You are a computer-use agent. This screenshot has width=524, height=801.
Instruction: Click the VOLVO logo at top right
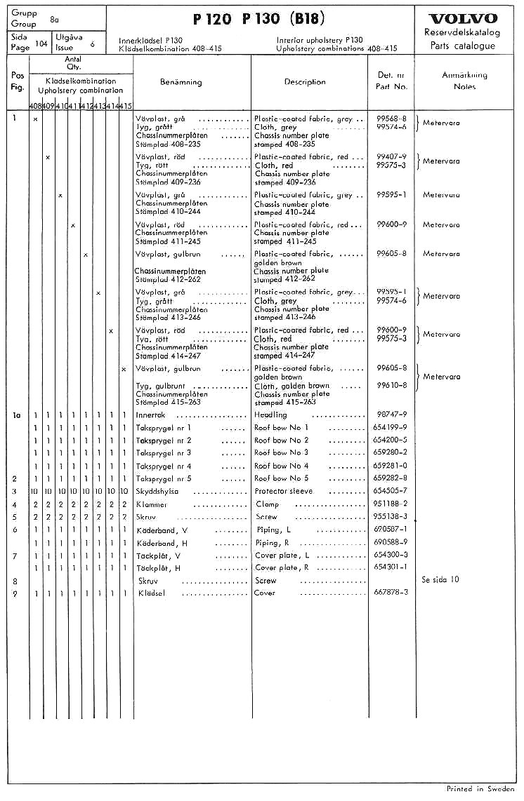(462, 18)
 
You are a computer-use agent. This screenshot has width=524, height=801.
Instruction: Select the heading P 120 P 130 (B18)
(259, 18)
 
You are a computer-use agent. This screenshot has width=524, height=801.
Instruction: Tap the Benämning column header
(181, 82)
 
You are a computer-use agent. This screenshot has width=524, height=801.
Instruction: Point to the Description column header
(304, 82)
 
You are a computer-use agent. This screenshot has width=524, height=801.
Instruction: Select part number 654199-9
(391, 427)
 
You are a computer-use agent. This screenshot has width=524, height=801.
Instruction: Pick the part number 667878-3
(391, 593)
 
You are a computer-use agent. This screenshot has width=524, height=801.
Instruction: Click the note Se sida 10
(440, 580)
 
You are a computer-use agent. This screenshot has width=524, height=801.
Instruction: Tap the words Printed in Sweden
(480, 789)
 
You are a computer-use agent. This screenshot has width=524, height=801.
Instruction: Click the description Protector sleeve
(283, 491)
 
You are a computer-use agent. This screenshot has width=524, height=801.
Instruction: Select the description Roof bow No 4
(281, 466)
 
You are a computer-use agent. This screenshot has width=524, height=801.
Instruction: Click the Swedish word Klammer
(152, 504)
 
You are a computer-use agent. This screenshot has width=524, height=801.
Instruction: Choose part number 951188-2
(391, 504)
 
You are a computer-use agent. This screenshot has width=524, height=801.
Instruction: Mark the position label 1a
(17, 415)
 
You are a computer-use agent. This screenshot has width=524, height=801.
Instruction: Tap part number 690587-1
(391, 530)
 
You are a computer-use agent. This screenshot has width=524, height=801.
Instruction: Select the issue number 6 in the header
(91, 44)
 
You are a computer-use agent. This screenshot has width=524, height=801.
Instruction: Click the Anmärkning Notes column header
(464, 81)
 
